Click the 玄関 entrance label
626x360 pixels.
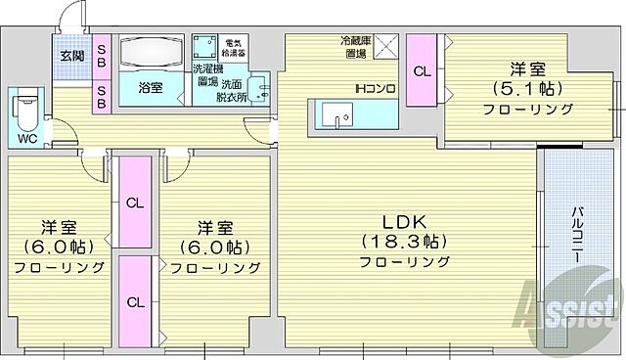(70, 56)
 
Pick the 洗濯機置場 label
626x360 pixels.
(205, 75)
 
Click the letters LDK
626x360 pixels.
(402, 219)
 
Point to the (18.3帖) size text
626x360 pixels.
(403, 241)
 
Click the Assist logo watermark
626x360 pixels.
(572, 301)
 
